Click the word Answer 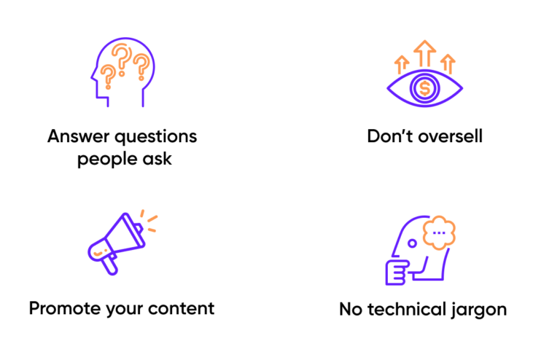click(x=79, y=136)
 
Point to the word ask click(x=157, y=158)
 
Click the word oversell click(x=450, y=136)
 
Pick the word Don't click(x=390, y=136)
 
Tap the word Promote click(x=65, y=308)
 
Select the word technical click(x=407, y=309)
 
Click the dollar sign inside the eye click(x=424, y=88)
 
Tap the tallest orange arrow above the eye click(x=424, y=52)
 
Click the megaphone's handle click(x=108, y=265)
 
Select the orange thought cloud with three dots click(x=439, y=232)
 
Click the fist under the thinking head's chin click(x=396, y=273)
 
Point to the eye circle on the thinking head click(x=412, y=243)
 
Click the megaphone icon click(x=122, y=243)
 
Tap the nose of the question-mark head click(x=93, y=76)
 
